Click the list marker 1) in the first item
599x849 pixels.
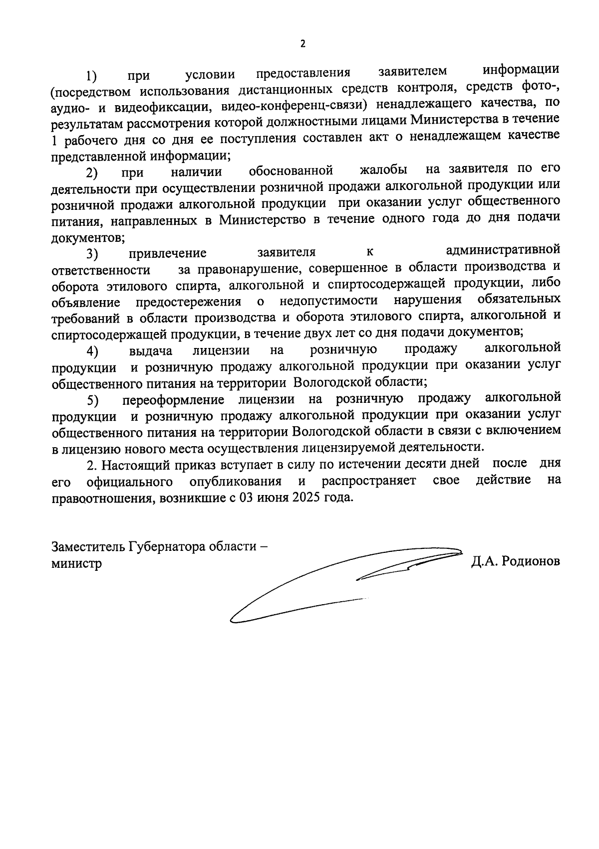[91, 76]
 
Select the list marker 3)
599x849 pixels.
[92, 254]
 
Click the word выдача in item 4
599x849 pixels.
[151, 351]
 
